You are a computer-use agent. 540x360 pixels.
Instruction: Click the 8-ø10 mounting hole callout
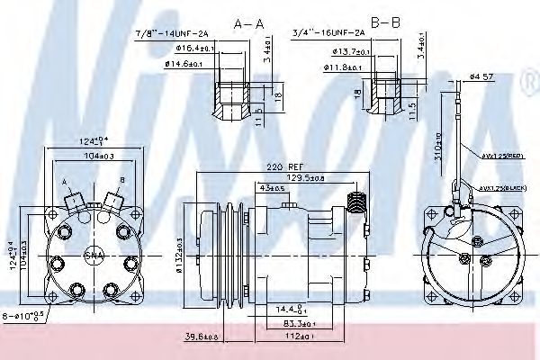click(x=30, y=318)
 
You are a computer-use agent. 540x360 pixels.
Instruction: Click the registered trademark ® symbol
click(x=529, y=85)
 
